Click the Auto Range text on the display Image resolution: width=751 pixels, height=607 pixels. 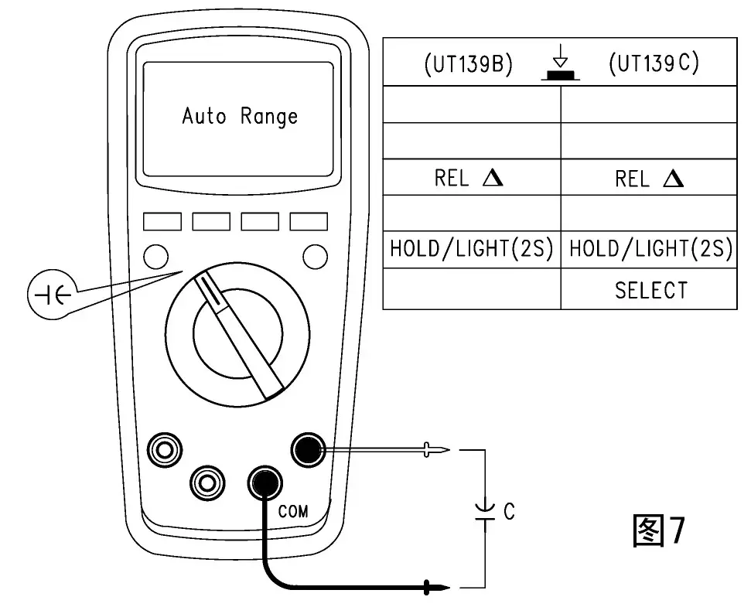240,117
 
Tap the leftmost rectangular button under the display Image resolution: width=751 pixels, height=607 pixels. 162,222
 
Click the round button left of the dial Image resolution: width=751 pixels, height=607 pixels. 155,255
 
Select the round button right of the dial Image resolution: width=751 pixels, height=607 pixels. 314,255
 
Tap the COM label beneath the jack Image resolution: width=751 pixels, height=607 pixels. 292,511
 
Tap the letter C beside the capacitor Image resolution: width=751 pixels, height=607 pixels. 509,512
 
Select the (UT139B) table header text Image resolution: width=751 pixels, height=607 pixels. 469,65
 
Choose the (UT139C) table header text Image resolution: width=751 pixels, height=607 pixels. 654,63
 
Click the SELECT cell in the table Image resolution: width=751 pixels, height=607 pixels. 650,291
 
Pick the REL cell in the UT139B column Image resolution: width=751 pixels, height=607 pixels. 469,179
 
